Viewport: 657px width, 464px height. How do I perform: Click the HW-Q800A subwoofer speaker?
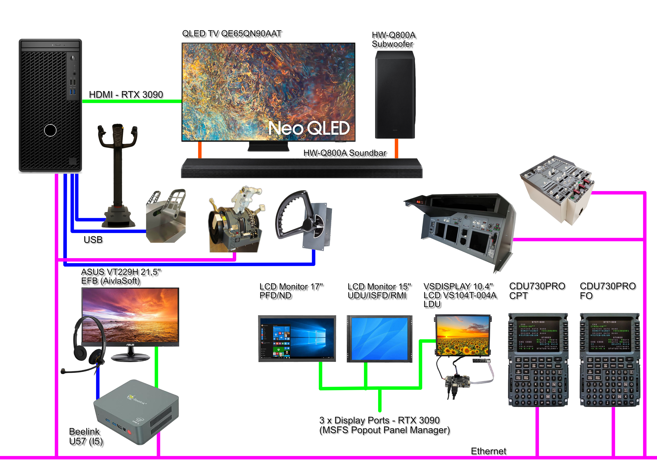(x=395, y=95)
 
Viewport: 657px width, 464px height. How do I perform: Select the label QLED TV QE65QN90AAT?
(x=232, y=34)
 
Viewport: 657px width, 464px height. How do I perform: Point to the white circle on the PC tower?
(x=50, y=130)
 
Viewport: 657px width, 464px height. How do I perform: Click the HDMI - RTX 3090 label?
(x=126, y=95)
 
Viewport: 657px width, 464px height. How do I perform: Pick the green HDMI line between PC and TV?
(x=132, y=101)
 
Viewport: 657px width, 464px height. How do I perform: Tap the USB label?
(x=93, y=240)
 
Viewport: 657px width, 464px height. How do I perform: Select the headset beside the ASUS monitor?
(x=86, y=343)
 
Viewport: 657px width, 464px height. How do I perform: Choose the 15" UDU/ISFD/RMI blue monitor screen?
(x=379, y=339)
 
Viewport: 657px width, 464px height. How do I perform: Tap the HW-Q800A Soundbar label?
(x=345, y=153)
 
